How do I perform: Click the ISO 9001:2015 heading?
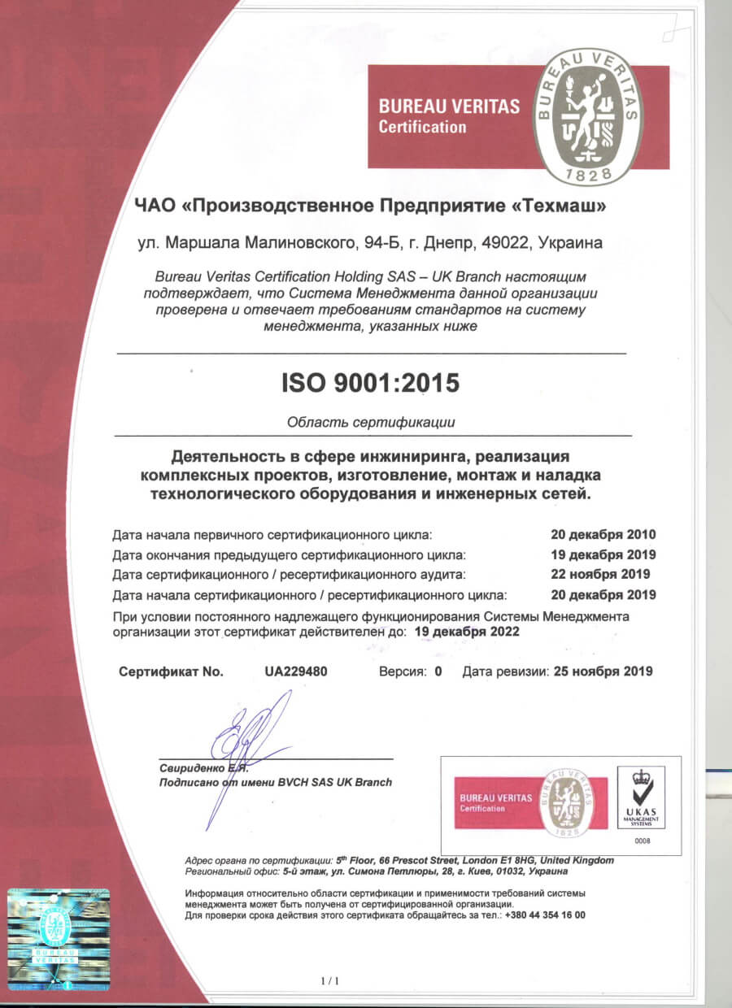click(371, 382)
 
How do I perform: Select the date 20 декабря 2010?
click(603, 534)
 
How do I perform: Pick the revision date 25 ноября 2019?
click(603, 671)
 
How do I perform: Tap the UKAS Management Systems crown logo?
click(641, 793)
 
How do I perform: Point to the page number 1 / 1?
click(330, 982)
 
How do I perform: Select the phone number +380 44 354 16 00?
click(545, 915)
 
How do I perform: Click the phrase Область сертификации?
click(371, 422)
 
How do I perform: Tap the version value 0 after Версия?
click(438, 671)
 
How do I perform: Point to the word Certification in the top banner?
click(423, 127)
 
